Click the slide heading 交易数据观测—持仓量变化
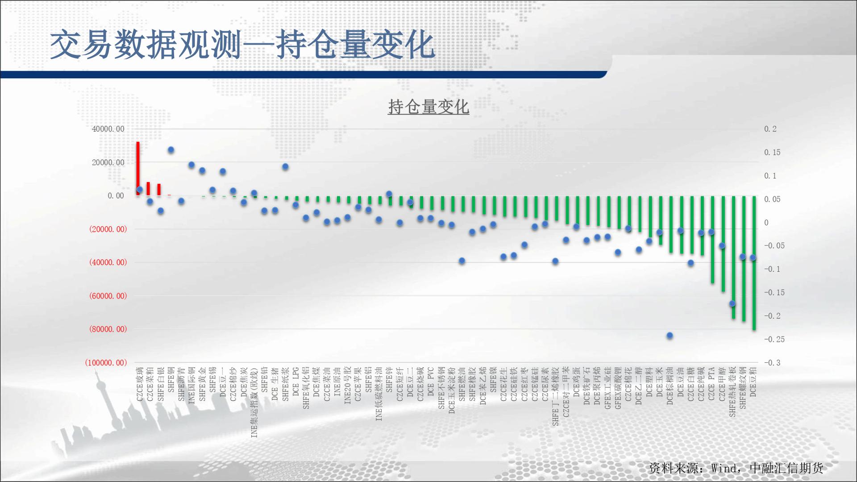coord(242,45)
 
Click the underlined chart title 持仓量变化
coord(428,107)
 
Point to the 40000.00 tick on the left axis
coord(108,129)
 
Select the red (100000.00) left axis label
coord(106,363)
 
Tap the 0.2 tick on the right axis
coord(770,129)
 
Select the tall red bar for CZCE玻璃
coord(138,169)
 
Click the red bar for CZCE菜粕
coord(148,189)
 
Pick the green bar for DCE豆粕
coord(754,263)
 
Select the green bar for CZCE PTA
coord(712,240)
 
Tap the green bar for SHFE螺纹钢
coord(744,259)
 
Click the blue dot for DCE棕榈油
coord(670,336)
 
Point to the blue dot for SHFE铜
coord(171,150)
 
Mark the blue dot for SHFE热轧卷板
coord(732,303)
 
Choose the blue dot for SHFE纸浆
coord(285,166)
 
